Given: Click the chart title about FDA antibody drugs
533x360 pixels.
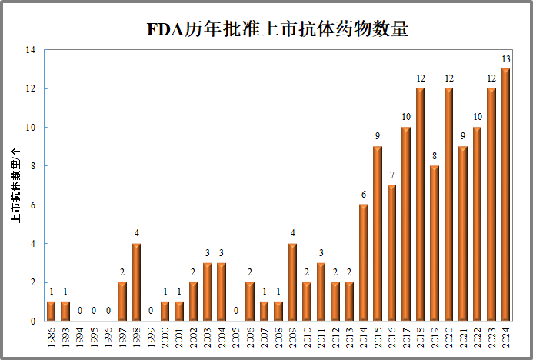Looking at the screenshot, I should pos(277,29).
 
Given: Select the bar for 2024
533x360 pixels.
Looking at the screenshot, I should pos(505,195).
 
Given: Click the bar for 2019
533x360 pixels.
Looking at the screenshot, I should pos(435,243).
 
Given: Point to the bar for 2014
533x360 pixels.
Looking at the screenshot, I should pos(363,262).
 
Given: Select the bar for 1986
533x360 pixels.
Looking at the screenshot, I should pos(51,311).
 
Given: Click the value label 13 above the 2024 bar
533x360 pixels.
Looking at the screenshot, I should pos(505,59).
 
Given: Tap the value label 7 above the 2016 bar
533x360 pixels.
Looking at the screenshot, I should pos(391,175).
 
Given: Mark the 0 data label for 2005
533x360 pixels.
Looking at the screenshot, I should pos(235,311).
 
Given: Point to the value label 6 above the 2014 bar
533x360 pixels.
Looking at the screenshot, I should pos(363,195).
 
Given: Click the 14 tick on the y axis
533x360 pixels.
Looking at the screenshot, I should pos(31,50).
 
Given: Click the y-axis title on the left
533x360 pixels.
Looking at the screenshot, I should pos(15,185).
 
